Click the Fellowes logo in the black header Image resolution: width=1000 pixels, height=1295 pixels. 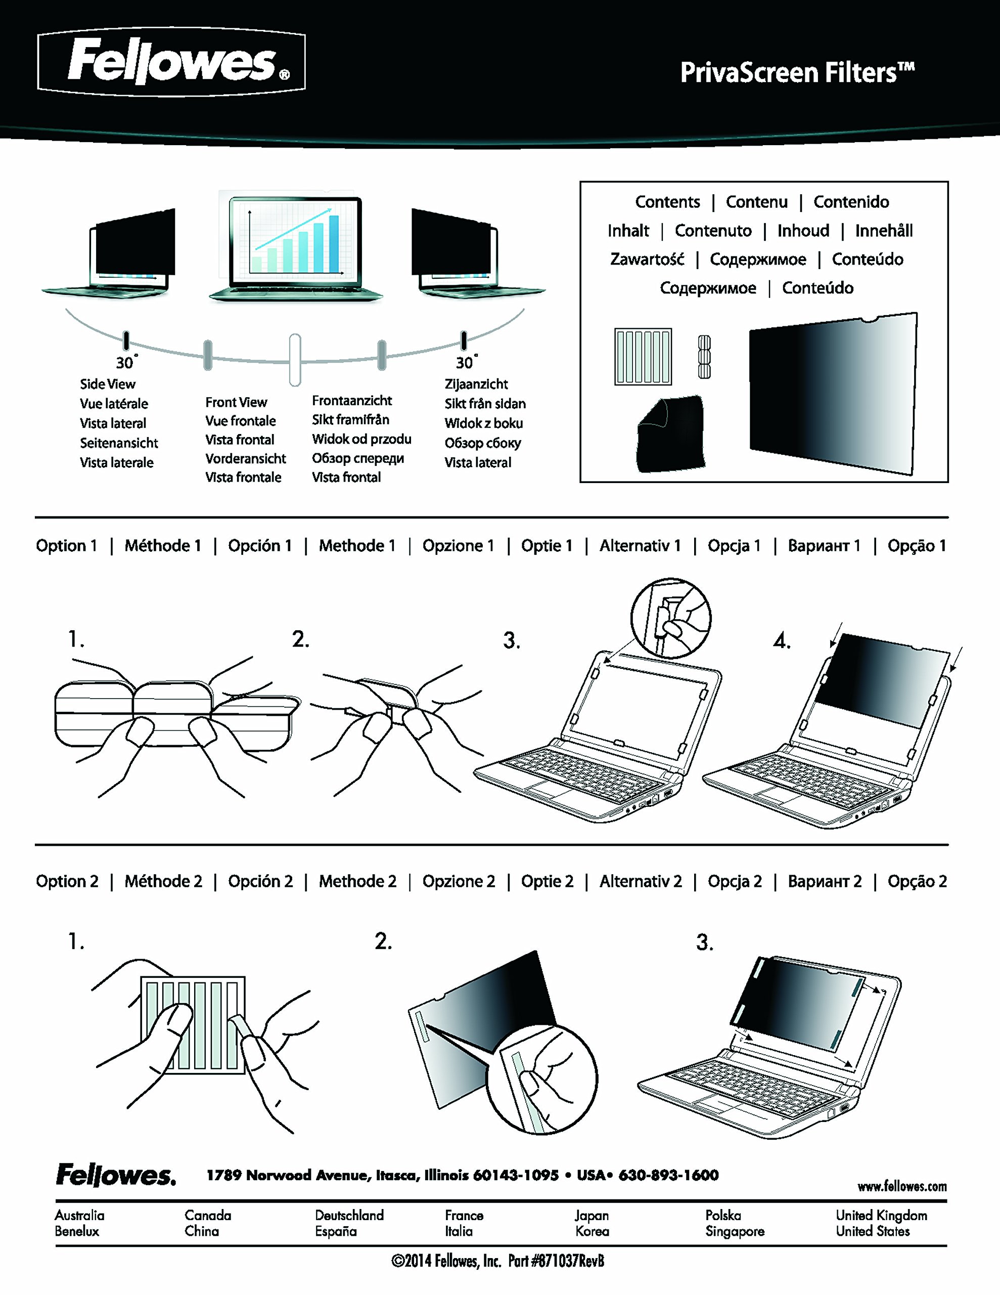click(171, 61)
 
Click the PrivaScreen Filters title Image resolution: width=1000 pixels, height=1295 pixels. click(797, 73)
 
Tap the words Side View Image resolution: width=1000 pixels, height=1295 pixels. click(108, 384)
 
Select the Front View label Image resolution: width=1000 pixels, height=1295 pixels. click(236, 402)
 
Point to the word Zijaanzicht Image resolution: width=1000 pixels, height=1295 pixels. click(476, 384)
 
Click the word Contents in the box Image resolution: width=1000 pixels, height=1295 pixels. click(667, 202)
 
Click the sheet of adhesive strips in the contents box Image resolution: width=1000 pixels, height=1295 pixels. click(643, 356)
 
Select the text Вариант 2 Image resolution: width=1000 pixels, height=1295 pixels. click(825, 881)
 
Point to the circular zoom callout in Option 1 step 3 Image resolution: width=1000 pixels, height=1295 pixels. click(671, 618)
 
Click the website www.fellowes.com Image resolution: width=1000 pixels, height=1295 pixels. click(901, 1186)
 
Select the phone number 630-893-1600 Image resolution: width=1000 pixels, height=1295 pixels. click(669, 1175)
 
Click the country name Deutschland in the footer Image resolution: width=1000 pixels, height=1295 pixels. click(349, 1215)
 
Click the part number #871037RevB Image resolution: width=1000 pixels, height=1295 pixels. click(568, 1261)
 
